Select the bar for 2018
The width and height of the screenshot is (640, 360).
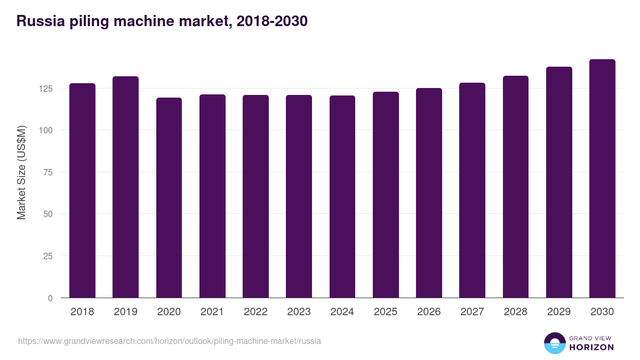(x=82, y=190)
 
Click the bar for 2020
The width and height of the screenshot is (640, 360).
(x=169, y=197)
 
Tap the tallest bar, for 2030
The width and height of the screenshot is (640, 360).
(x=602, y=179)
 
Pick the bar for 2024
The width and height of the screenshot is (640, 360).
(x=342, y=196)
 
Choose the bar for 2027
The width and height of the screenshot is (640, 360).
(x=472, y=190)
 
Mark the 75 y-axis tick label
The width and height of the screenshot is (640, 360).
(x=48, y=172)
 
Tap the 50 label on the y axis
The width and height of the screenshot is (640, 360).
(x=48, y=214)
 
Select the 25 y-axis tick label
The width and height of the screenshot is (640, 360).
(x=48, y=256)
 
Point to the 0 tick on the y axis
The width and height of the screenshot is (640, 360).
(x=50, y=298)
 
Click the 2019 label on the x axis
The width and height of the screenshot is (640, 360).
(x=125, y=312)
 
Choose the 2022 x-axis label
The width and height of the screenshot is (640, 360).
(x=255, y=312)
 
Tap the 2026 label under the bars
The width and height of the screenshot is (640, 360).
(x=429, y=312)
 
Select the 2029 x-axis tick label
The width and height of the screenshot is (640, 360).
(x=559, y=312)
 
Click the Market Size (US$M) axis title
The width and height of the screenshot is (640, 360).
(x=21, y=172)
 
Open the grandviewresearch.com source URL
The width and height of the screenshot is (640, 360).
(x=170, y=341)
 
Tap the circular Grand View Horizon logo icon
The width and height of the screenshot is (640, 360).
(x=554, y=343)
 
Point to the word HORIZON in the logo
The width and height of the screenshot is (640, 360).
(x=591, y=347)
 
